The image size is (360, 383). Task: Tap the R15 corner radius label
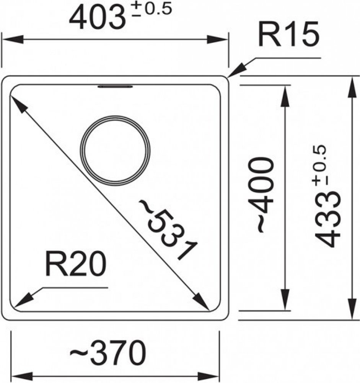click(288, 34)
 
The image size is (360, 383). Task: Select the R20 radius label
click(76, 265)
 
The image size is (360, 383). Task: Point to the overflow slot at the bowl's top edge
click(115, 86)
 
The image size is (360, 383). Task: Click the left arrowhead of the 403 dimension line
click(13, 39)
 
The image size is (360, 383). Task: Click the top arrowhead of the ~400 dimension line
click(285, 96)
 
